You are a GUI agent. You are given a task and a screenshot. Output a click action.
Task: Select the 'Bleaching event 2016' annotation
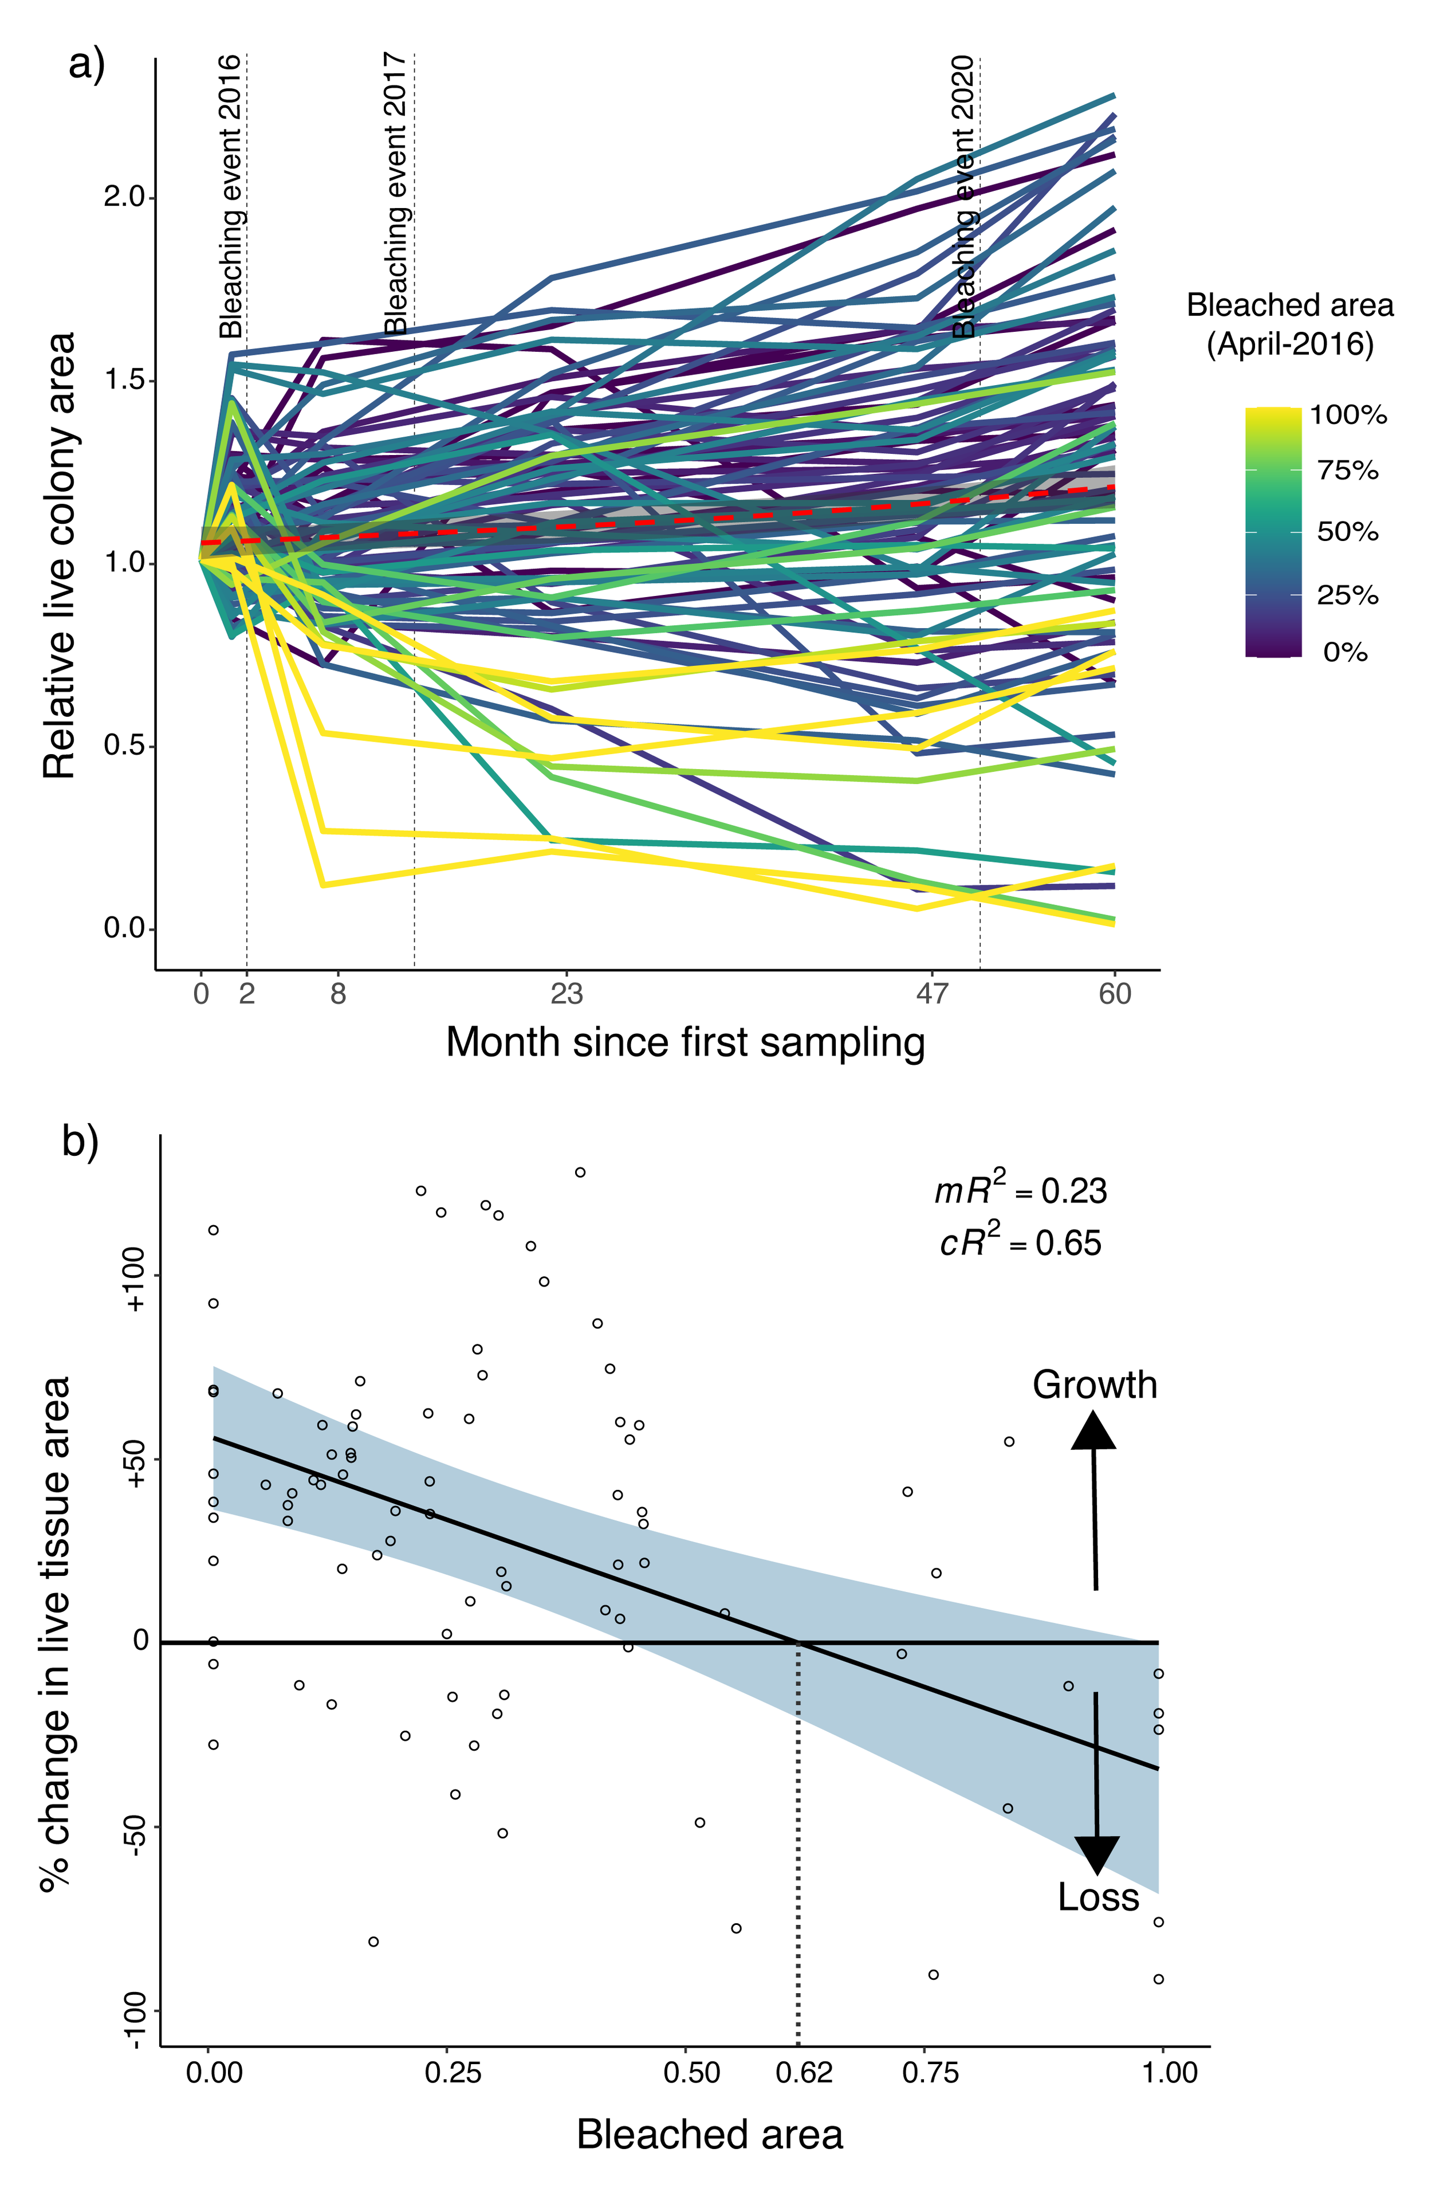[x=230, y=197]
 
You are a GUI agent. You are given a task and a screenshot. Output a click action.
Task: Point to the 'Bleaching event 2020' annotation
[x=963, y=197]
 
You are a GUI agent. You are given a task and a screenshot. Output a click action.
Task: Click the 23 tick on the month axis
[x=566, y=994]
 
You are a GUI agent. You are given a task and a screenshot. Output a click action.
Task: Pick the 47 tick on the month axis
[x=932, y=994]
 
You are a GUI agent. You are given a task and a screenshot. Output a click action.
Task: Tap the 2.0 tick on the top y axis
[x=125, y=197]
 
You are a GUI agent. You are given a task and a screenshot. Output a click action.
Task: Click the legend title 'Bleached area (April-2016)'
[x=1289, y=324]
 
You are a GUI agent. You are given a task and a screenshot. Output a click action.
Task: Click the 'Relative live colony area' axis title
[x=59, y=556]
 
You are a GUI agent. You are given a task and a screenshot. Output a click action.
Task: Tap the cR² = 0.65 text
[x=1020, y=1241]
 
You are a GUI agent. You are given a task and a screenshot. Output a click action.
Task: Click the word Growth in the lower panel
[x=1094, y=1385]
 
